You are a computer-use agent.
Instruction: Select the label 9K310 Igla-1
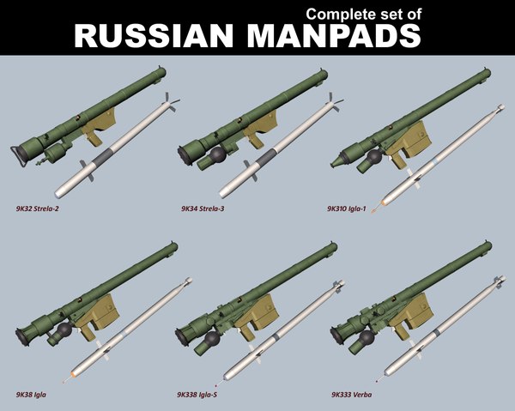354,209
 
